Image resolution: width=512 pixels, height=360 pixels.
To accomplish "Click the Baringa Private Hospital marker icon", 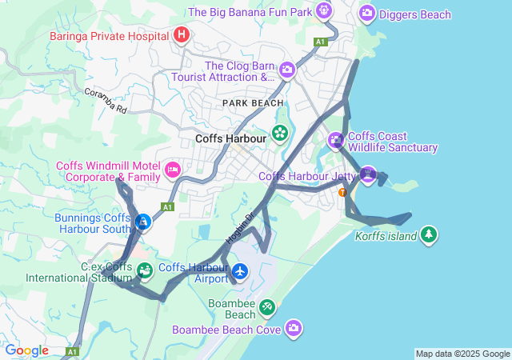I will (182, 35).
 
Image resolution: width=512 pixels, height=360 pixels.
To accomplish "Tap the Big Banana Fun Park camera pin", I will (324, 11).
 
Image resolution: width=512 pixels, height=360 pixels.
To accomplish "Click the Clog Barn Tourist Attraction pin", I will (287, 71).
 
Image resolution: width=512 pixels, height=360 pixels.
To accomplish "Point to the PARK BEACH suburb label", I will (253, 103).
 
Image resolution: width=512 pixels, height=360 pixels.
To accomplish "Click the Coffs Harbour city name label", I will (230, 138).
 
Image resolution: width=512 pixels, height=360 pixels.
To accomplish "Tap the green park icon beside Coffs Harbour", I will (280, 133).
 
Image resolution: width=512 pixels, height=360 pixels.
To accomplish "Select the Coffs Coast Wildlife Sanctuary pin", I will (336, 141).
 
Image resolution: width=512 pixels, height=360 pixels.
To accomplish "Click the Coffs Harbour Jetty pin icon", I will (367, 174).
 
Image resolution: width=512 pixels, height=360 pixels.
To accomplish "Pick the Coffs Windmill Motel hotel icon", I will (172, 170).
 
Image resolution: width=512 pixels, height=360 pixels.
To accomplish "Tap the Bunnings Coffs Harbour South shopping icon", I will (142, 222).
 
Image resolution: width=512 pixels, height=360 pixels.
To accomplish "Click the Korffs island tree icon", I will (430, 234).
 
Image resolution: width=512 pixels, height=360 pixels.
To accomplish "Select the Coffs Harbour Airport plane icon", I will (239, 272).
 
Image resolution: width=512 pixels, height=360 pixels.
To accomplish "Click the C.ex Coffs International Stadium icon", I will (144, 270).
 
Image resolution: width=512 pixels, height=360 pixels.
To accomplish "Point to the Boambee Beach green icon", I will (266, 306).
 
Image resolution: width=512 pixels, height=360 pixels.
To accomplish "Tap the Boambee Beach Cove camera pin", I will (294, 327).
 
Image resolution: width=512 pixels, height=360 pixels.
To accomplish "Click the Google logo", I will (26, 350).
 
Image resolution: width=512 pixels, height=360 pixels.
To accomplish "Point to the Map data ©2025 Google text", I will (462, 354).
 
